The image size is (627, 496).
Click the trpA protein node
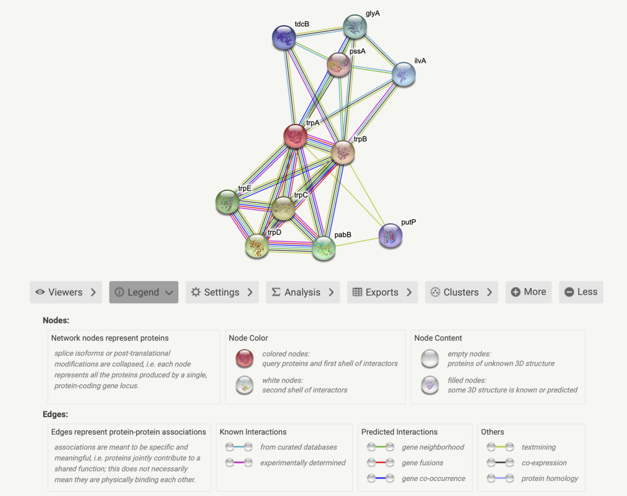click(295, 136)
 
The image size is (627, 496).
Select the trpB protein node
click(343, 153)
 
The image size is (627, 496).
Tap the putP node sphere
click(390, 236)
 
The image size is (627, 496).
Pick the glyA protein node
click(355, 27)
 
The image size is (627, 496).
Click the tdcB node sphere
click(284, 38)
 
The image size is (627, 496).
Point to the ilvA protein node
click(403, 74)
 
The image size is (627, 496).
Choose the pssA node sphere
click(339, 65)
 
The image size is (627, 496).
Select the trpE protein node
click(228, 202)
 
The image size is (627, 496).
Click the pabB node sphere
click(323, 248)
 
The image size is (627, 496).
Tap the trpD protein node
click(257, 246)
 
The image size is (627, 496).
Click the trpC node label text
click(301, 195)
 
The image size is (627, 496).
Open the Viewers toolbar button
click(65, 292)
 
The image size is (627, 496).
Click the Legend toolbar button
click(143, 292)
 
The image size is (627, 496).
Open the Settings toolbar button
click(222, 292)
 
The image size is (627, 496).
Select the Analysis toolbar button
click(303, 292)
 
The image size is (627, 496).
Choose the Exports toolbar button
click(382, 292)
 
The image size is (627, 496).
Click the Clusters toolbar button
click(461, 292)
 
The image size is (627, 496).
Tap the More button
click(528, 292)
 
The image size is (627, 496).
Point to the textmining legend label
click(538, 447)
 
